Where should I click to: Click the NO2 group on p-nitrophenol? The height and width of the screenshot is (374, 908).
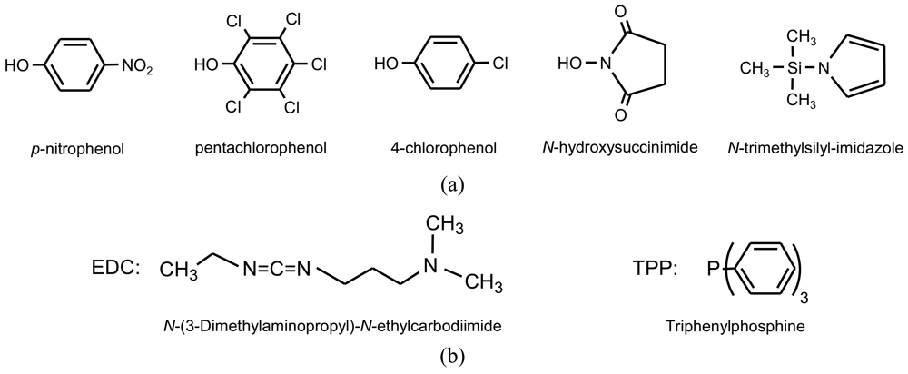(139, 65)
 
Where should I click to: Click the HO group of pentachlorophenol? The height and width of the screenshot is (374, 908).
(208, 65)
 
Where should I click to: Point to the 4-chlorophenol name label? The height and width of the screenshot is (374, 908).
(434, 144)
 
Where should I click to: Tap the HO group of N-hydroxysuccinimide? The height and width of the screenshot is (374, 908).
(571, 64)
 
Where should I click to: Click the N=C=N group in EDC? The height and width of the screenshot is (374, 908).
(274, 269)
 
